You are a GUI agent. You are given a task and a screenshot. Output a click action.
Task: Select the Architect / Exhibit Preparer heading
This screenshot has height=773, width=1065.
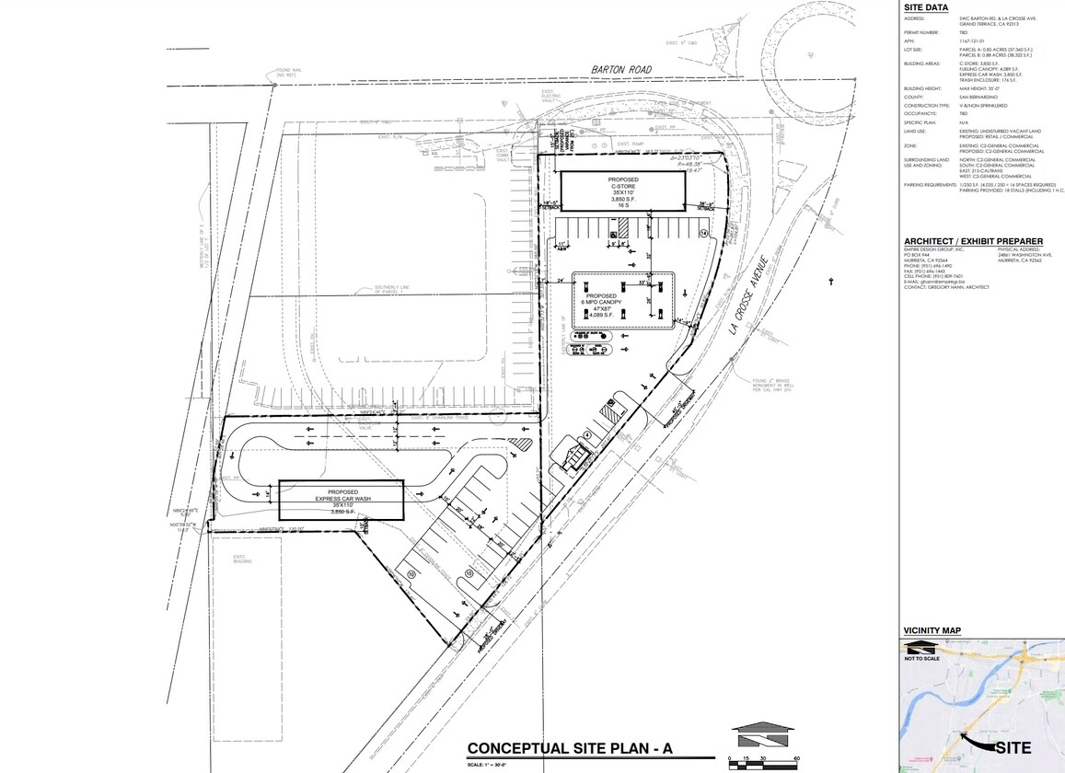click(974, 241)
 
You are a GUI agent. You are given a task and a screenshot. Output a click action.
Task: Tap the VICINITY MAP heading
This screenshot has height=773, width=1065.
click(932, 630)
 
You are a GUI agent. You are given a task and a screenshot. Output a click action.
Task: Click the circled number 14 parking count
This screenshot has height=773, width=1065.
click(705, 235)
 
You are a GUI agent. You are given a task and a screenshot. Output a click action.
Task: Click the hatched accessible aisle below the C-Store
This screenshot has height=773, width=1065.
click(623, 226)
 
